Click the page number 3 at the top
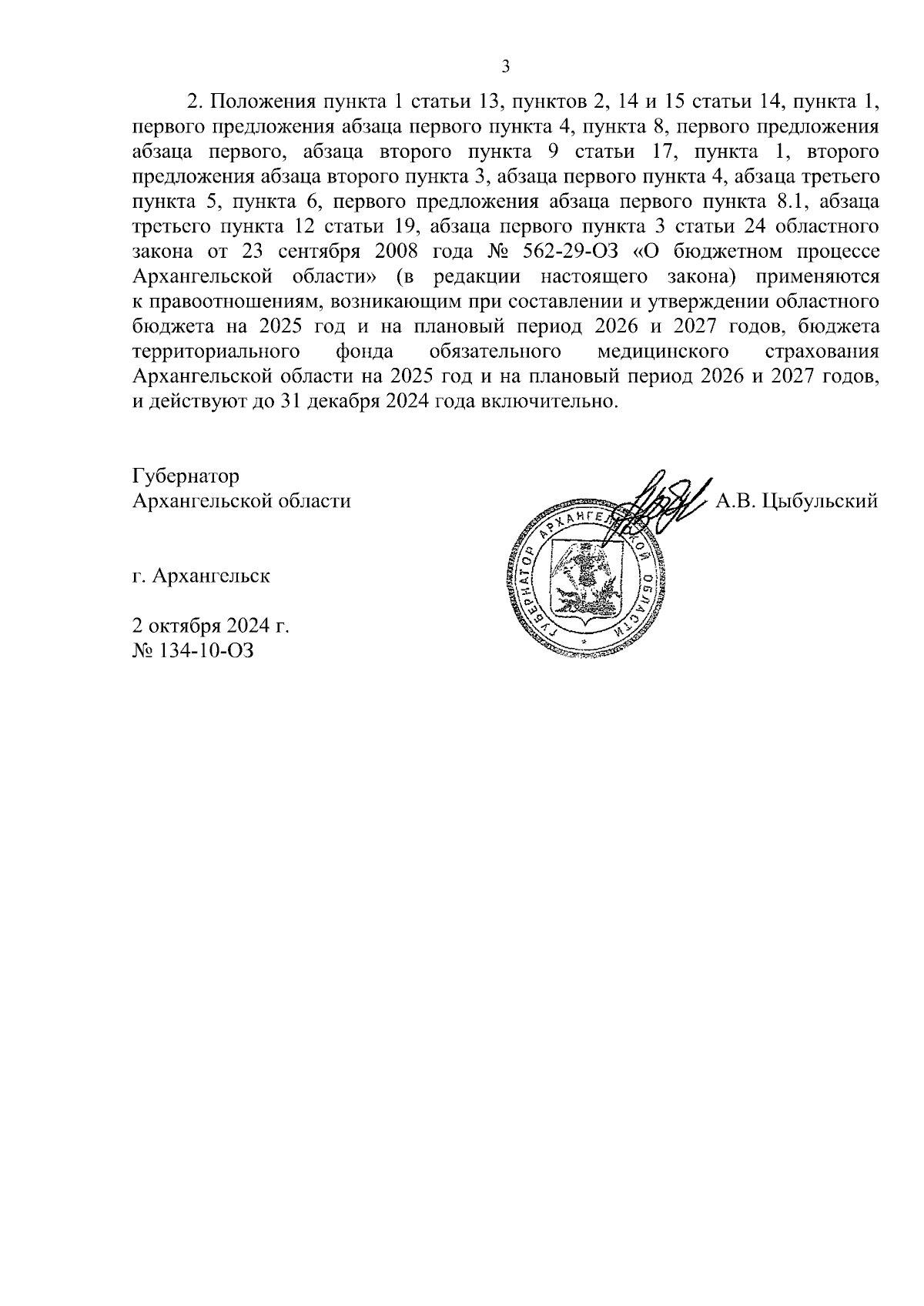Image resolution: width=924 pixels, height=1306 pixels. [505, 67]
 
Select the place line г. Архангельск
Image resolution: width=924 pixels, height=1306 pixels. [201, 576]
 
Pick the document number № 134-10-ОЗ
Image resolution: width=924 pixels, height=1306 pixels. [193, 651]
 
